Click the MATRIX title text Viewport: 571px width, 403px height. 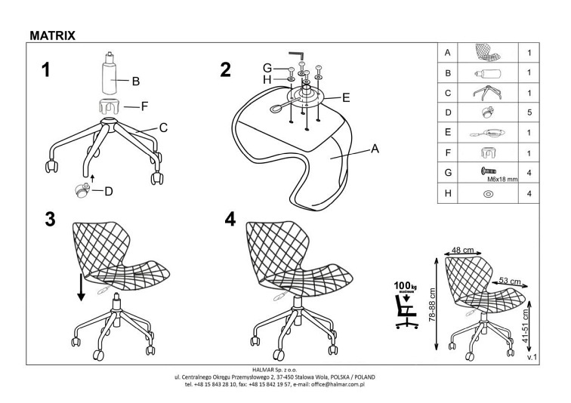52,34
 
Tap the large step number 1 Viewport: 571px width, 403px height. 47,71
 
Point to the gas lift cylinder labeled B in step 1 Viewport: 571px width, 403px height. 112,75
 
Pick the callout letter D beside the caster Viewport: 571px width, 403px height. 108,191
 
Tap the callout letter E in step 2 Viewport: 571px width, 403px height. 345,97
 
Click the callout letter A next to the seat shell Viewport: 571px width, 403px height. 373,149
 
